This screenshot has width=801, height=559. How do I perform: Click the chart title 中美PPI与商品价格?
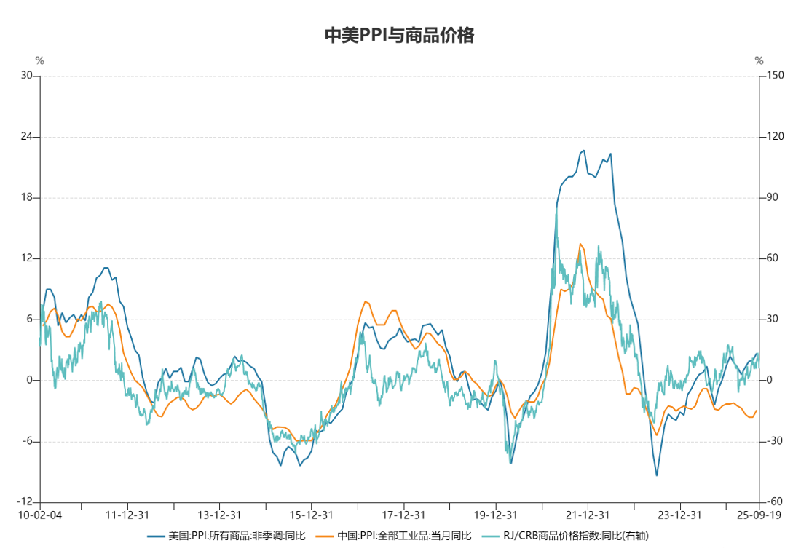pos(399,36)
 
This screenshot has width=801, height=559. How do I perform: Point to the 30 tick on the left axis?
pos(25,76)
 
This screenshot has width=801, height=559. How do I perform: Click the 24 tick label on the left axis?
pos(25,137)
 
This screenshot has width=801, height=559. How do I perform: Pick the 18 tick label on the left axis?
pos(25,198)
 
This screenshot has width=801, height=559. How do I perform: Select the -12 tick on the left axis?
pos(24,502)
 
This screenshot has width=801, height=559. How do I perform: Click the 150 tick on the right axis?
pos(774,76)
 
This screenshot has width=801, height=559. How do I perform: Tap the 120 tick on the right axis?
pos(774,137)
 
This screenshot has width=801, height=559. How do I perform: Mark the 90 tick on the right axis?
pos(772,198)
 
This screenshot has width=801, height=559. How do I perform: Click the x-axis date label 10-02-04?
pos(40,515)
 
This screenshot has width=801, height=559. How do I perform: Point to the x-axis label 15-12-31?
pos(312,515)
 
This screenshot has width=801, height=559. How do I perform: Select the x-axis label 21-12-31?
pos(588,515)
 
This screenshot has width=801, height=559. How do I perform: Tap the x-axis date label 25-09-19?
pos(759,515)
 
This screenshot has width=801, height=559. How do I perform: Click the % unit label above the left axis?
pos(40,60)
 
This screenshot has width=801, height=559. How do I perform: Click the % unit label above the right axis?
pos(759,60)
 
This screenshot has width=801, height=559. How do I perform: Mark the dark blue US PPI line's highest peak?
pos(583,151)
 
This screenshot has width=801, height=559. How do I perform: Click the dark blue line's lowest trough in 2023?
pos(657,475)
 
